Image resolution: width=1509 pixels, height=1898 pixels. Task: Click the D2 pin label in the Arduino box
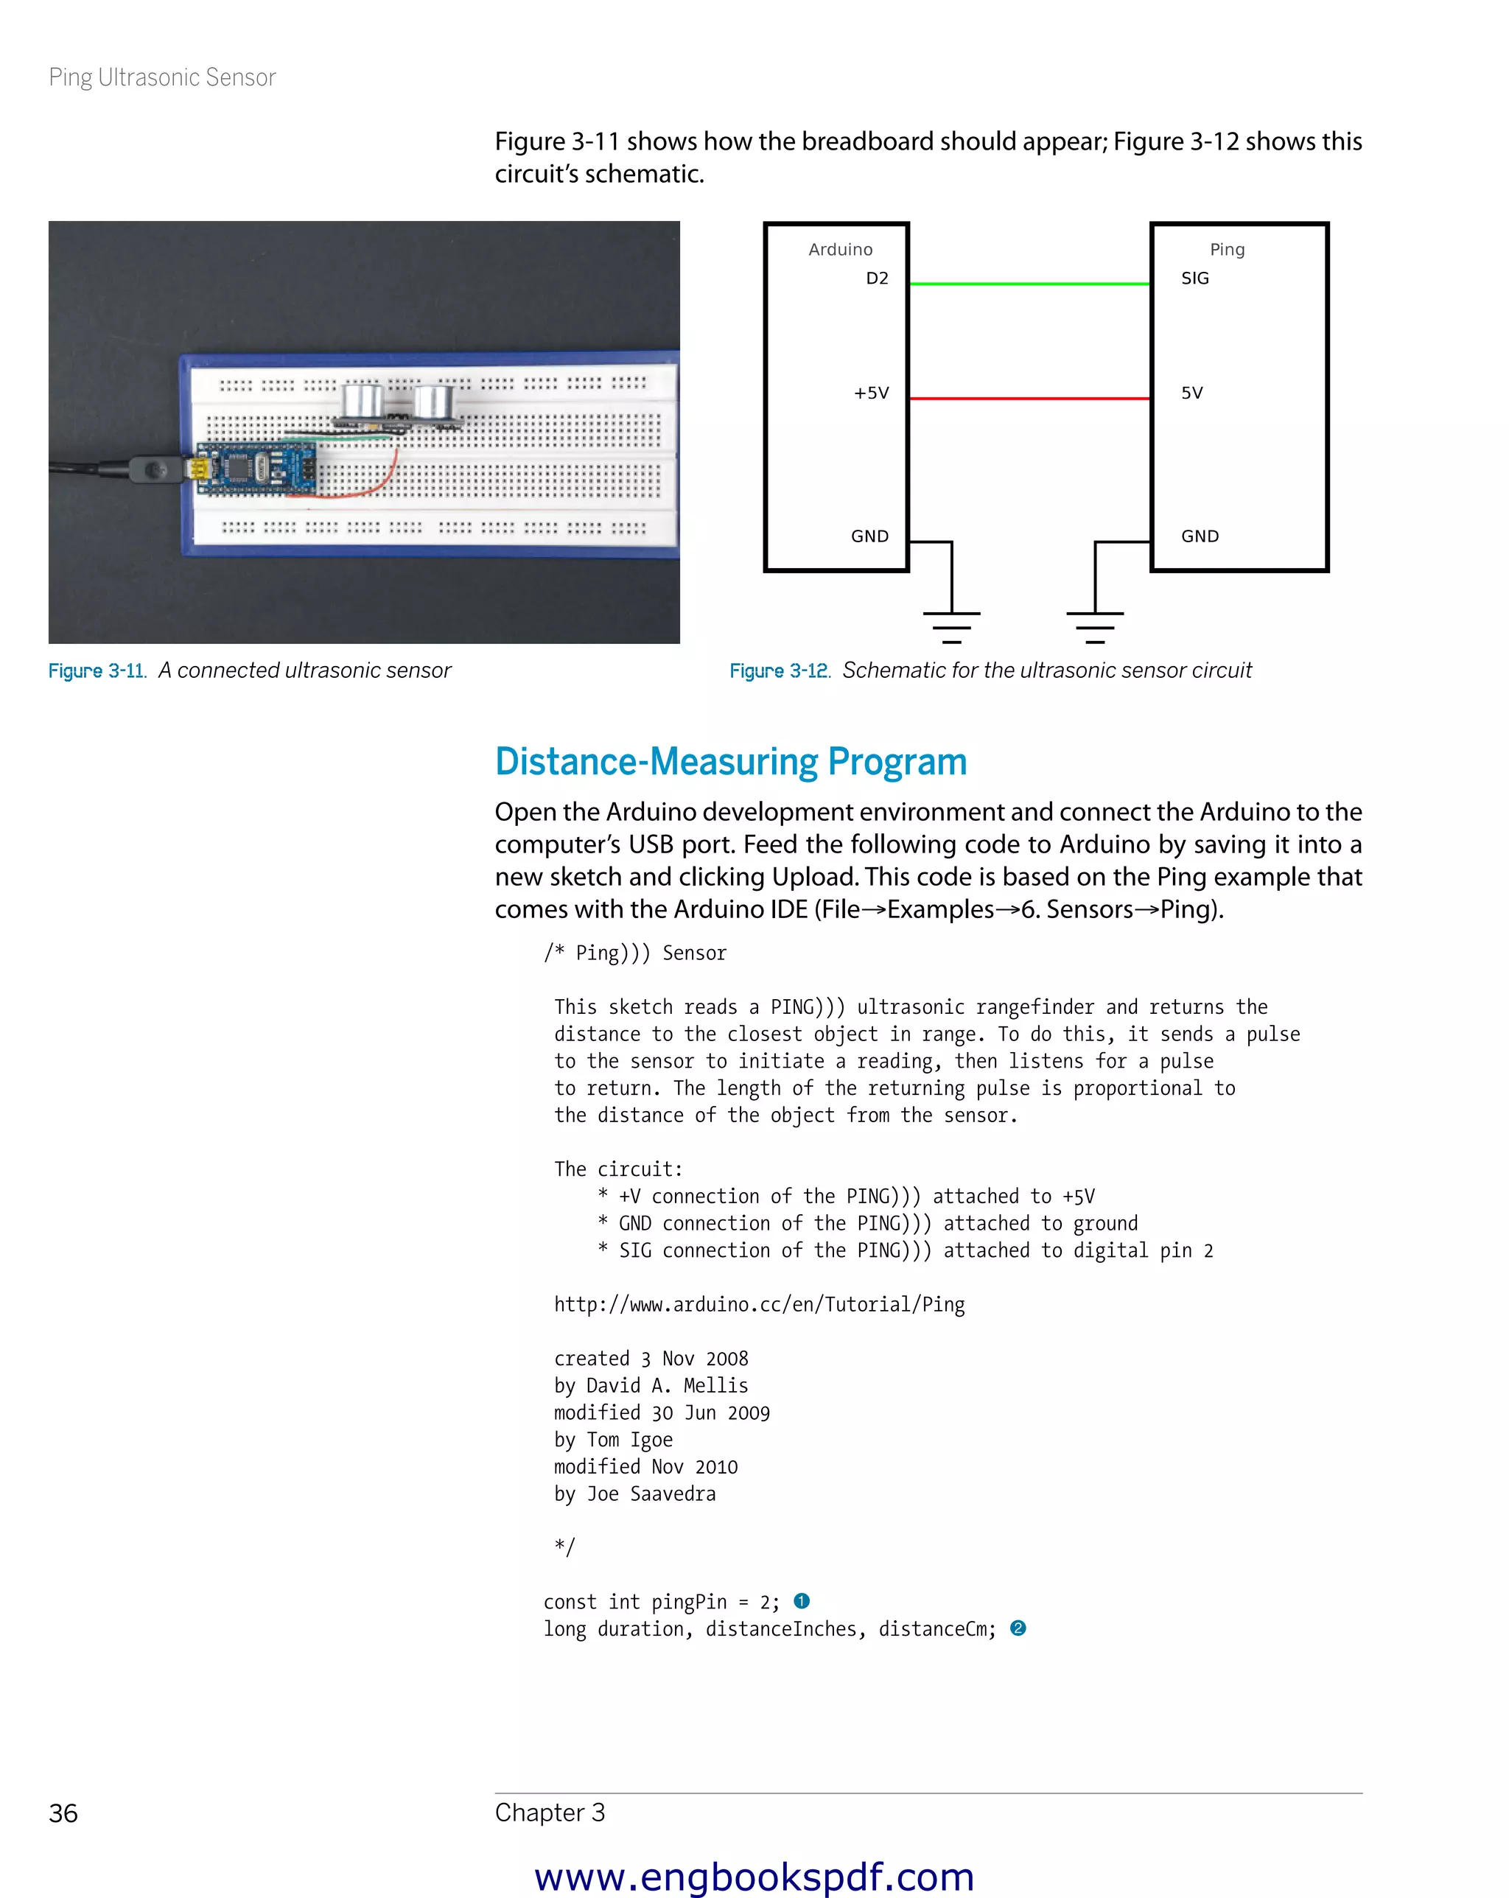coord(876,279)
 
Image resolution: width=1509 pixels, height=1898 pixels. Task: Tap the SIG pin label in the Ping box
coord(1194,279)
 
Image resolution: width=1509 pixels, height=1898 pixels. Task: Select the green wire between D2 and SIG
coord(1029,284)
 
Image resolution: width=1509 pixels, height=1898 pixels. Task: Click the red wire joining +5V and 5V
coord(1029,398)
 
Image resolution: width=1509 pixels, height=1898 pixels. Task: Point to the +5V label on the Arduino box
coord(871,393)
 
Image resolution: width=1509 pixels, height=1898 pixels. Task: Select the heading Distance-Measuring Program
coord(730,762)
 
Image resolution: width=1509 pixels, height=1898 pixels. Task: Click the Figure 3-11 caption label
coord(97,670)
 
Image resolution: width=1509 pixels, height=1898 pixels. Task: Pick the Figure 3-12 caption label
coord(779,670)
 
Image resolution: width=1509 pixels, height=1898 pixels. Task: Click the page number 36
coord(63,1813)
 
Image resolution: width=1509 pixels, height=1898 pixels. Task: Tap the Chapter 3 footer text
coord(550,1812)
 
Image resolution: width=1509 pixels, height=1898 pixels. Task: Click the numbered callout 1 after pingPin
coord(801,1600)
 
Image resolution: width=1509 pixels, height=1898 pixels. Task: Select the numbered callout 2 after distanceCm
coord(1018,1628)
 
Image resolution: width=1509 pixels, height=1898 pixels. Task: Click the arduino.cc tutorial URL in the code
coord(759,1304)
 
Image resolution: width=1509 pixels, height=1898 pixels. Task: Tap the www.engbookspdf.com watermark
coord(754,1876)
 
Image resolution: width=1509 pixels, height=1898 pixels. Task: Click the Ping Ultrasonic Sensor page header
coord(162,77)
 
